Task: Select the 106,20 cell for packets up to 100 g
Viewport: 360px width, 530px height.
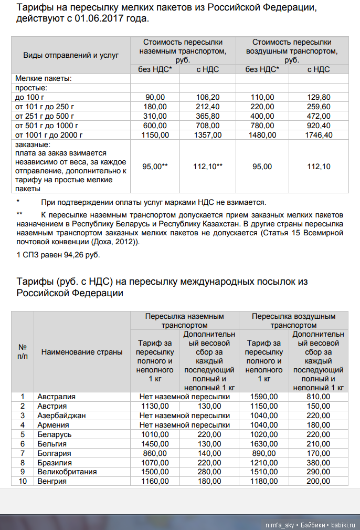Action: (208, 97)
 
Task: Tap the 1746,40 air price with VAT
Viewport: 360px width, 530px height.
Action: (319, 135)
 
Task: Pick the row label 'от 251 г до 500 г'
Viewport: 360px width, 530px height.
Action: (45, 116)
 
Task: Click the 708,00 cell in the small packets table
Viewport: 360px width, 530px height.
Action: (208, 126)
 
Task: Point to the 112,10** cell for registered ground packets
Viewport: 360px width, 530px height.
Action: (208, 167)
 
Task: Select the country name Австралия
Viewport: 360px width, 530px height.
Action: (56, 397)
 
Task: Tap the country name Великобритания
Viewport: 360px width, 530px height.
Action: (67, 472)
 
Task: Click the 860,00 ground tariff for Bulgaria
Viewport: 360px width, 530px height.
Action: (155, 453)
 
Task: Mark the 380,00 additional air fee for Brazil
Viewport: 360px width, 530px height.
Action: (319, 462)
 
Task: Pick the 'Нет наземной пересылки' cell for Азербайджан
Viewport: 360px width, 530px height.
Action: (184, 415)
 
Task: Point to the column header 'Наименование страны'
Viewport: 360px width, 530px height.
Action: (82, 352)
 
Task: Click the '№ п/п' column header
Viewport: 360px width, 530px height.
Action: (23, 352)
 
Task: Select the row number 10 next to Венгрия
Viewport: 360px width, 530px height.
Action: (23, 481)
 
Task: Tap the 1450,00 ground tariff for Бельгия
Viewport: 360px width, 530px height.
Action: (155, 444)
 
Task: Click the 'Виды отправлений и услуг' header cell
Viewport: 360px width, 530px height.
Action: (71, 55)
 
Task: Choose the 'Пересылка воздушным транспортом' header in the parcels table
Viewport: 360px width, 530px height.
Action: (293, 320)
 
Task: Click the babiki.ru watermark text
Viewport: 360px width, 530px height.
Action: (343, 525)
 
